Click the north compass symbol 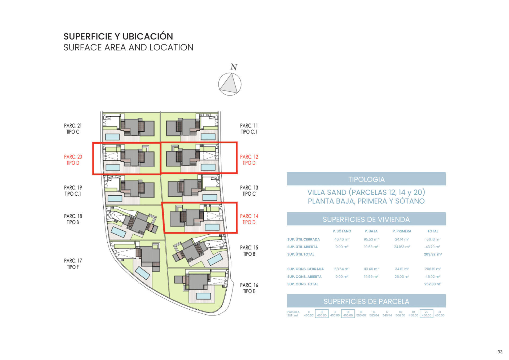pyautogui.click(x=230, y=84)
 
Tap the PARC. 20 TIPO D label pyautogui.click(x=73, y=160)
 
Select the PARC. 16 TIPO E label pyautogui.click(x=249, y=288)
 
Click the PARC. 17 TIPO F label pyautogui.click(x=73, y=264)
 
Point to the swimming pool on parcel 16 pyautogui.click(x=203, y=296)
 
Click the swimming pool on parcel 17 pyautogui.click(x=143, y=273)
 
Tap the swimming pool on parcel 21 pyautogui.click(x=112, y=137)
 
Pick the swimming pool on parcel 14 pyautogui.click(x=212, y=227)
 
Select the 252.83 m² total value pyautogui.click(x=433, y=284)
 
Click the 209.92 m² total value pyautogui.click(x=433, y=254)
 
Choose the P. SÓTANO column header pyautogui.click(x=342, y=231)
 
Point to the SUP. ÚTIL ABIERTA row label pyautogui.click(x=302, y=247)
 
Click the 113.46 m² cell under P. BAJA pyautogui.click(x=371, y=269)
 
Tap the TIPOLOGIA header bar pyautogui.click(x=366, y=179)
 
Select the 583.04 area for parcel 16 pyautogui.click(x=374, y=315)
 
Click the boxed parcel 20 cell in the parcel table pyautogui.click(x=426, y=314)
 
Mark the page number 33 pyautogui.click(x=500, y=352)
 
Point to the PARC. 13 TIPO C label pyautogui.click(x=249, y=191)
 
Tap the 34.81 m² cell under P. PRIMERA pyautogui.click(x=402, y=269)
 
